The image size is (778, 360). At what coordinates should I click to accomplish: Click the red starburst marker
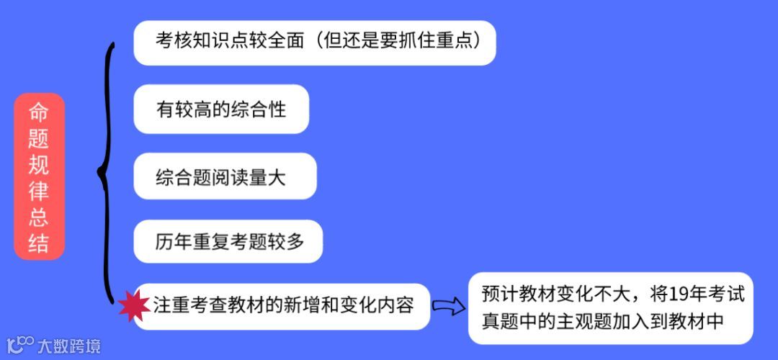[133, 306]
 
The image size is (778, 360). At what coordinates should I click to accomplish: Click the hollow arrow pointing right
[447, 307]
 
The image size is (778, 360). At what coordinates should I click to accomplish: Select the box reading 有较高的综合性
[221, 109]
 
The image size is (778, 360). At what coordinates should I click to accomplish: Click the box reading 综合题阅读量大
[225, 176]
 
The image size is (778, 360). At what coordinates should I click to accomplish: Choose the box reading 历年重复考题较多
[228, 242]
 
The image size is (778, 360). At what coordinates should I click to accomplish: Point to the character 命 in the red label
[39, 112]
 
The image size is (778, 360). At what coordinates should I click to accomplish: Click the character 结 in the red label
[39, 243]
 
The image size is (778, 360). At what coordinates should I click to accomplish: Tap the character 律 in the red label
[39, 191]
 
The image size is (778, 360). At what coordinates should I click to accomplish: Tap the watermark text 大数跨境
[69, 346]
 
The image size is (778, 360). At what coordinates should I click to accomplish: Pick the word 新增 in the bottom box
[302, 305]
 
